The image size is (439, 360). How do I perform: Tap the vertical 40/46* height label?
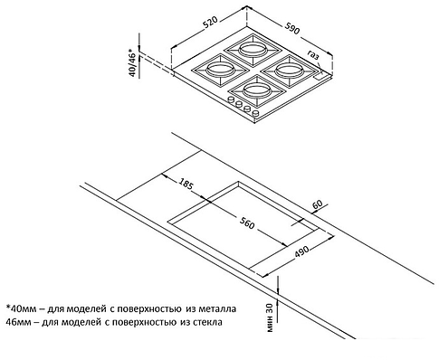tap(132, 64)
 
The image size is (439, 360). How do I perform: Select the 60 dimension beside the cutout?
tap(317, 205)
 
